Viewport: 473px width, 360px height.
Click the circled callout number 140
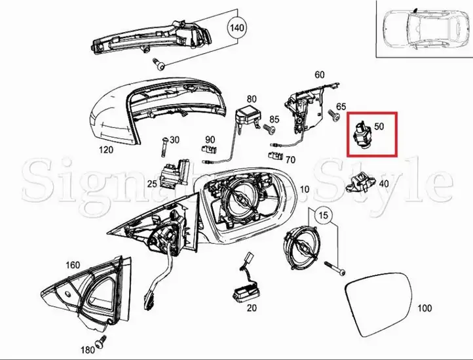click(x=236, y=28)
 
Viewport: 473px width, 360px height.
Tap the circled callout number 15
click(x=323, y=215)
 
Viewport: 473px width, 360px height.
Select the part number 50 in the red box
click(x=379, y=126)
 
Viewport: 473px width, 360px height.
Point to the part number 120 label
click(x=106, y=150)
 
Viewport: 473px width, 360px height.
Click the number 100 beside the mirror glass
click(x=425, y=308)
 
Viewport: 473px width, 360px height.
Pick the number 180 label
click(x=88, y=350)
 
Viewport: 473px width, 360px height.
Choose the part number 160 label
click(x=73, y=265)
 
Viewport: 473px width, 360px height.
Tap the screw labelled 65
click(x=333, y=115)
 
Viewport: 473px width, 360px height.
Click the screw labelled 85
click(x=269, y=129)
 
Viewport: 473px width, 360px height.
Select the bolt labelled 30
click(x=164, y=146)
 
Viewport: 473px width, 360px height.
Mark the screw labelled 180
click(x=101, y=342)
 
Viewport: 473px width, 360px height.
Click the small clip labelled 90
click(x=210, y=149)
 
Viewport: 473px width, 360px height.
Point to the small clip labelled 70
click(x=275, y=155)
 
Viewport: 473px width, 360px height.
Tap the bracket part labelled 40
click(x=362, y=182)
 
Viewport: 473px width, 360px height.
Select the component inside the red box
click(x=361, y=134)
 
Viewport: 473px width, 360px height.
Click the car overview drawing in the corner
click(x=424, y=30)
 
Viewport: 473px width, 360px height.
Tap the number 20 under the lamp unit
click(x=252, y=308)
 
